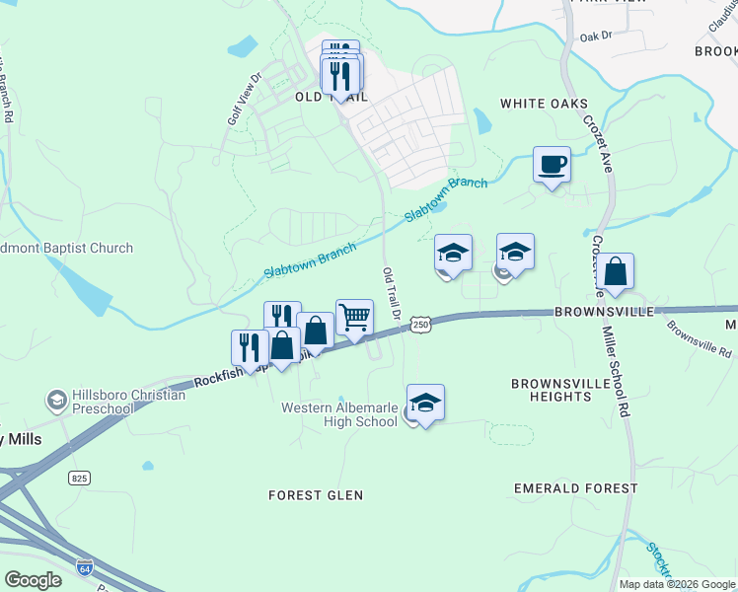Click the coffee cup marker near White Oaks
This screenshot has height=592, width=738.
click(552, 164)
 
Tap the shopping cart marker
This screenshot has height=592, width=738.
click(354, 318)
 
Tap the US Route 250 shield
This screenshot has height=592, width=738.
click(421, 325)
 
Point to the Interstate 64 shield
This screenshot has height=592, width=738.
click(84, 567)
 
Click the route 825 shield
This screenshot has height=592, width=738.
click(81, 478)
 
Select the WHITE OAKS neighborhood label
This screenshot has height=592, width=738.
click(544, 104)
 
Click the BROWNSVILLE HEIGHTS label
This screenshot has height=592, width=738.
click(552, 389)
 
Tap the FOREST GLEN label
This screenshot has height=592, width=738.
click(316, 495)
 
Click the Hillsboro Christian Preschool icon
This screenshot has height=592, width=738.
click(57, 401)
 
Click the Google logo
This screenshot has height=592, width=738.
click(33, 580)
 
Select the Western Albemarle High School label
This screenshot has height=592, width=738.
click(339, 414)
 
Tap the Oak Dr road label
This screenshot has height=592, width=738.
click(596, 37)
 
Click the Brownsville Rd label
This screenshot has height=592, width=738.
click(699, 337)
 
